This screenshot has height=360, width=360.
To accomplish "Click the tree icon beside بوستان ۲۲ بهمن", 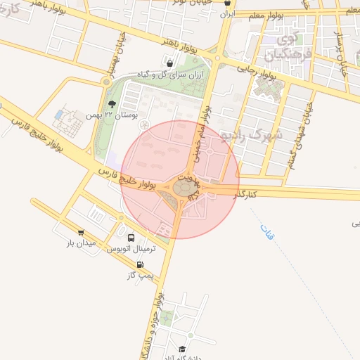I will pos(112,103).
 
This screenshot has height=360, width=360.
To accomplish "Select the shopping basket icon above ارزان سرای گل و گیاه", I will pos(171,64).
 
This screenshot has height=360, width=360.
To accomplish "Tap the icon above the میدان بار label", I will pos(80,233).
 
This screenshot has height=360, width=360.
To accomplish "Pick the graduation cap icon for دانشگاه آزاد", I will pos(181,349).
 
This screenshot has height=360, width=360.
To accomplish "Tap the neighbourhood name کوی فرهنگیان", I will pos(283,44).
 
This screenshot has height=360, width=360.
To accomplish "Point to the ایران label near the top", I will pos(226,13).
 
